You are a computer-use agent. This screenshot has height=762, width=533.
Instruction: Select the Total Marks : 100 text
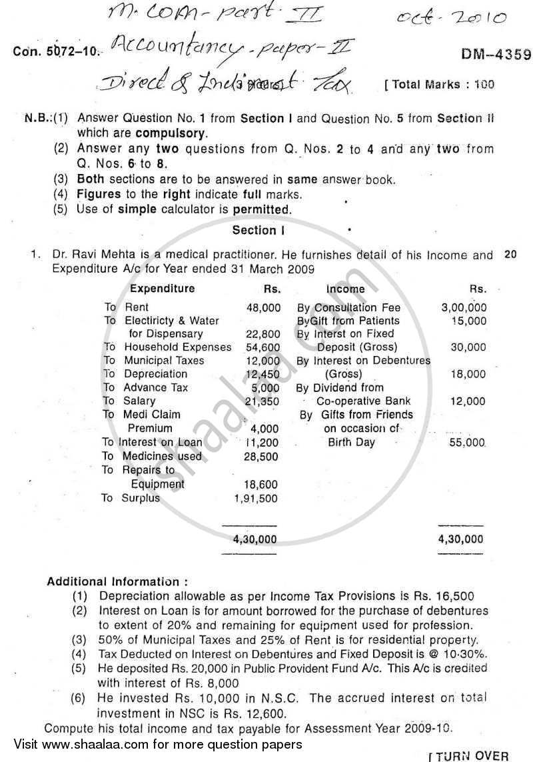coord(439,85)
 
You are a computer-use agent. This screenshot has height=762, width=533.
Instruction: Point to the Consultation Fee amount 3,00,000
coord(464,307)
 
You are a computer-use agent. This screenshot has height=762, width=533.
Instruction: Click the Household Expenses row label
coord(177,347)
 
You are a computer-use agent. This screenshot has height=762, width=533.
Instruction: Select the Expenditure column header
coord(162,289)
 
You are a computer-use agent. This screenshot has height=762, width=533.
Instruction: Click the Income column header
coord(345,289)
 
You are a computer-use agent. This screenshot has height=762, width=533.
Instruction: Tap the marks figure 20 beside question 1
coord(510,254)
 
